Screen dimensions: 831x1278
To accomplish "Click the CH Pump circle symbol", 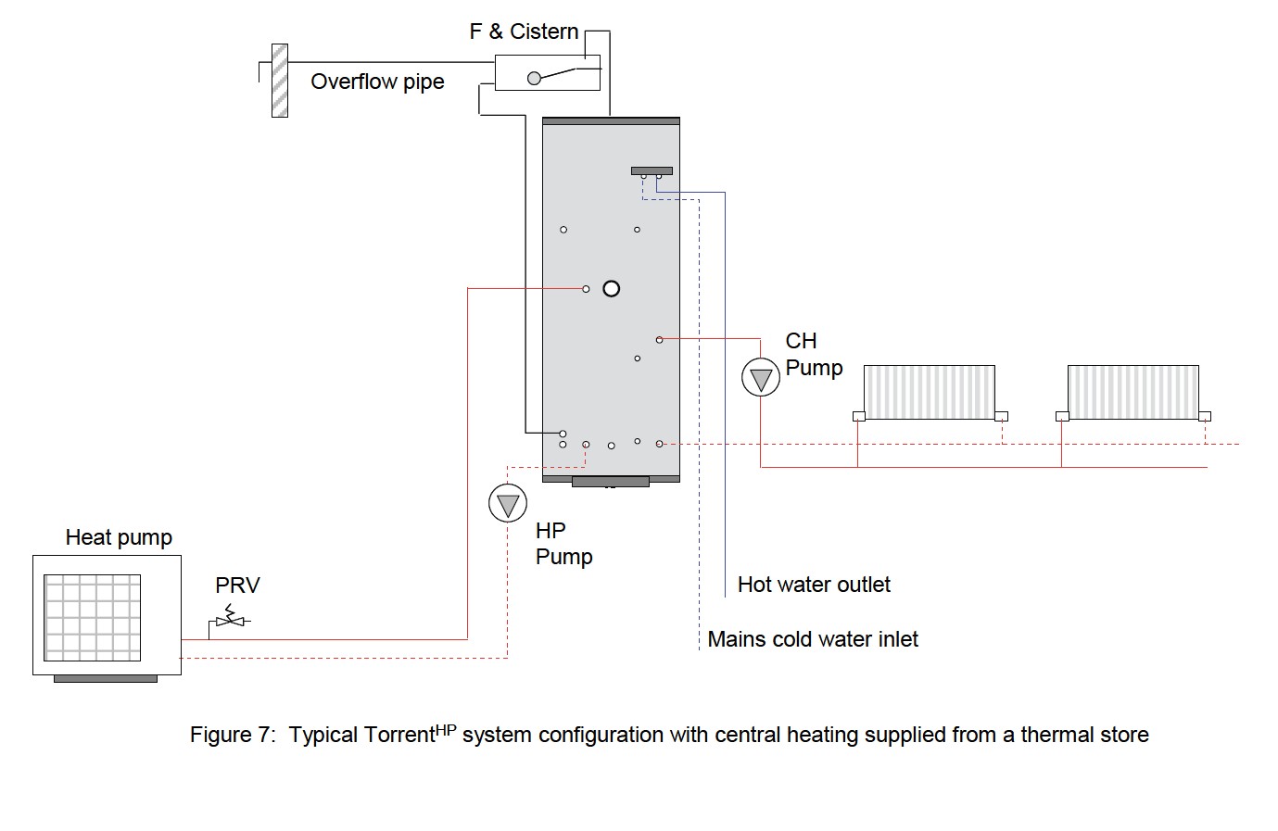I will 761,378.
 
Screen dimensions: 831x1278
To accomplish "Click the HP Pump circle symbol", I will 508,504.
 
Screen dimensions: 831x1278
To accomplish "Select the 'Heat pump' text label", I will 119,537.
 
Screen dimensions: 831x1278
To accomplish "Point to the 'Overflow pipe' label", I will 377,82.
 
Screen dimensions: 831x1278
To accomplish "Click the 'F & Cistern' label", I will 524,31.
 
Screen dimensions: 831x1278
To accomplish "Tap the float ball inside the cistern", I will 534,79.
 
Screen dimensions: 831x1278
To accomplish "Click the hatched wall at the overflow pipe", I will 279,81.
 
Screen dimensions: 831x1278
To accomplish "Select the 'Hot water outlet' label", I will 814,585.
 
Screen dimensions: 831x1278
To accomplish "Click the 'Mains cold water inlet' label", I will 813,639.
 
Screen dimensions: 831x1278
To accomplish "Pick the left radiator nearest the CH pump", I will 929,392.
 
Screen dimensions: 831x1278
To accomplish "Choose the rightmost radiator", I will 1132,392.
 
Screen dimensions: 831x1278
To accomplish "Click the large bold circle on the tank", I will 612,289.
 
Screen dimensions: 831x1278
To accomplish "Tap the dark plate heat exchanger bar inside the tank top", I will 652,170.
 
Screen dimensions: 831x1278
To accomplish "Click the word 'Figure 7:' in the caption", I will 233,736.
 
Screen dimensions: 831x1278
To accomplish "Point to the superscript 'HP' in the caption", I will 446,728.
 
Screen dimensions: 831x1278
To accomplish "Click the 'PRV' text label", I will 237,585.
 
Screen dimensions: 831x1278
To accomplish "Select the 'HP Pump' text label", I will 563,543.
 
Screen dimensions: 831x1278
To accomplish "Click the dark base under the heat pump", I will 106,678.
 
